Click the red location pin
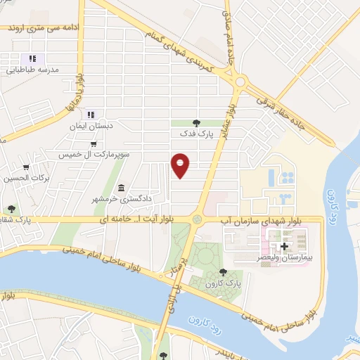tap(181, 165)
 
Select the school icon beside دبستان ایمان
tap(91, 114)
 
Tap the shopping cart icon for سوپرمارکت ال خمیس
tap(93, 143)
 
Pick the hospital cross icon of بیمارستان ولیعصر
tap(284, 246)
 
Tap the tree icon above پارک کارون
tap(223, 271)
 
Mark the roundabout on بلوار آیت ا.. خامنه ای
tap(198, 220)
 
